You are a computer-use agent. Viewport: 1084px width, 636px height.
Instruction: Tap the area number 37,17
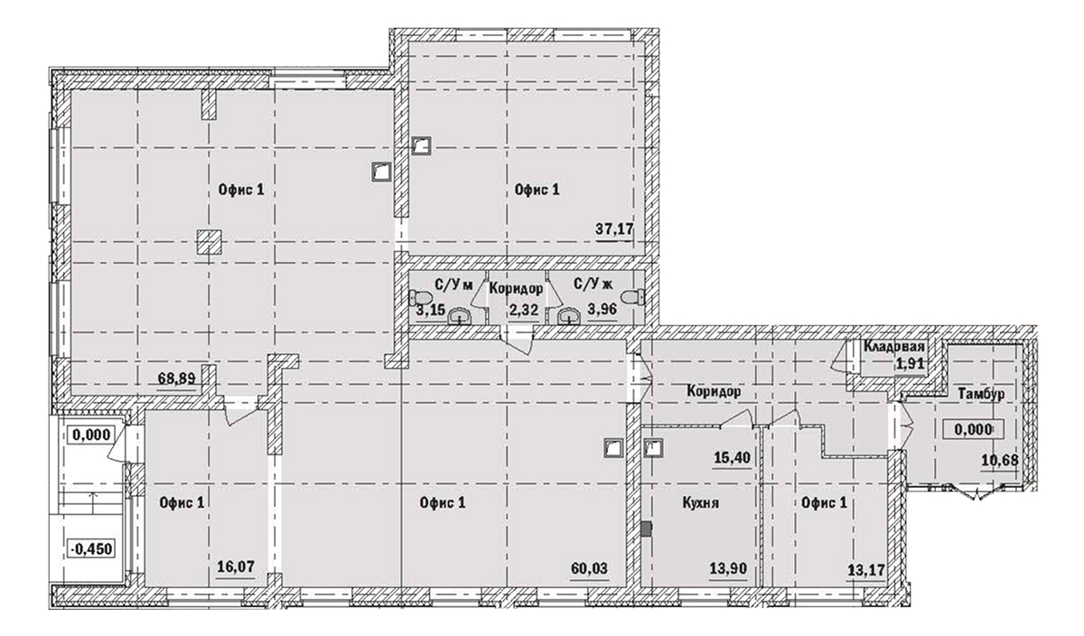(614, 229)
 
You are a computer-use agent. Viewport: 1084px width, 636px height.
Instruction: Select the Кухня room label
(701, 504)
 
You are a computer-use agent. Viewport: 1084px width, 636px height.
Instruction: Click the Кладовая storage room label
(893, 348)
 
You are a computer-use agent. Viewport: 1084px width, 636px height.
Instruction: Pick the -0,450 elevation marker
(92, 547)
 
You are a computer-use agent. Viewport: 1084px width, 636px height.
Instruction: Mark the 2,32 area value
(523, 312)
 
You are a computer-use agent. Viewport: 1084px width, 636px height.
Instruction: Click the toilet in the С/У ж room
(639, 296)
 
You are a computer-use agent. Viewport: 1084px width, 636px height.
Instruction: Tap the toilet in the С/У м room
(420, 296)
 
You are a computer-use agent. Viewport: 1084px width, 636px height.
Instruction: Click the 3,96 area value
(603, 312)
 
